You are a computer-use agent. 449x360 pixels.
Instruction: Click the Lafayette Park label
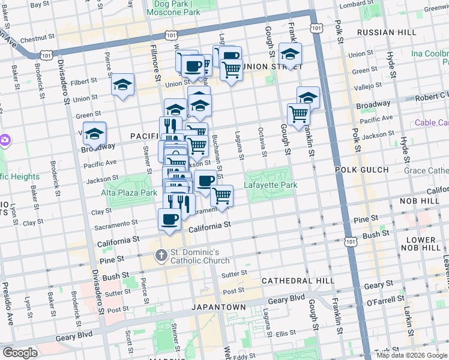click(x=271, y=185)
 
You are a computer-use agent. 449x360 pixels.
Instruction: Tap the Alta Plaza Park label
click(x=128, y=193)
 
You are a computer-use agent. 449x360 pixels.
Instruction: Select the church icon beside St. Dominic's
click(x=160, y=256)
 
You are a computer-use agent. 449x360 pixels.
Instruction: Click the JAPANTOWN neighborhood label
click(x=218, y=307)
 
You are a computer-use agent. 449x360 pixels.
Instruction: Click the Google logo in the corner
click(x=19, y=353)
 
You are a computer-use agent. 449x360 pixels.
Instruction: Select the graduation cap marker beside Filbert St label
click(x=122, y=85)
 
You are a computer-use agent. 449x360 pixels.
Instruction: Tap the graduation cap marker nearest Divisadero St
click(x=94, y=134)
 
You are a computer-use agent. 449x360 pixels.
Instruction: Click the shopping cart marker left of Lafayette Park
click(x=222, y=196)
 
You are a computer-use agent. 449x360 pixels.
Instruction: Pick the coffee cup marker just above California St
click(x=169, y=220)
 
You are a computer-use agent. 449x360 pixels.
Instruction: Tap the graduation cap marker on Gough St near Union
click(x=290, y=55)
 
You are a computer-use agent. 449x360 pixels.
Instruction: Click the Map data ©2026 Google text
click(x=412, y=355)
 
